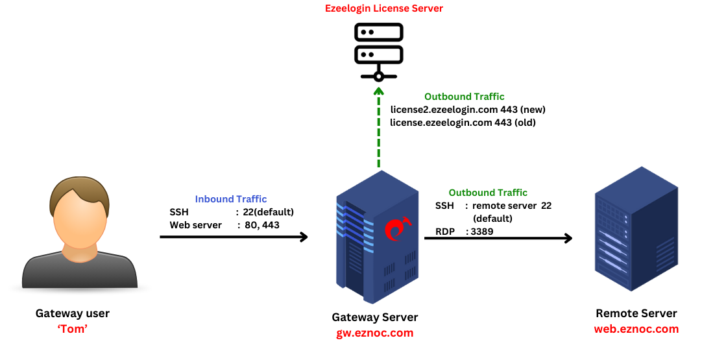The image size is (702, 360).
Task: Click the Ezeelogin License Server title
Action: point(383,8)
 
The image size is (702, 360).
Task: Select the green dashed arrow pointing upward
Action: point(379,130)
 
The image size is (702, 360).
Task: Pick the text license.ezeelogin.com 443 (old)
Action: point(463,122)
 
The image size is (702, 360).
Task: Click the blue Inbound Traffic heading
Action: point(231,199)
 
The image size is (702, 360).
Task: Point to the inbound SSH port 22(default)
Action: point(268,212)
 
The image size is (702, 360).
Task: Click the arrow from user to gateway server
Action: point(234,237)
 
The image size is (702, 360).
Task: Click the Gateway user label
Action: point(73,313)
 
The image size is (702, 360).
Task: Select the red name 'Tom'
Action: point(73,329)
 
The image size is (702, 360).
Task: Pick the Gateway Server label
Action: point(375,317)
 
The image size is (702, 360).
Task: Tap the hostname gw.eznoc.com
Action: point(375,333)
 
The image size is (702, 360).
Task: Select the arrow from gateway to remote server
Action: point(498,238)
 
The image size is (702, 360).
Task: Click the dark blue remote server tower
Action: point(636,230)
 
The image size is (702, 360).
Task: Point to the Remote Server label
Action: point(636,313)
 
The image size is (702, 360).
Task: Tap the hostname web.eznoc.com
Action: point(636,329)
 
